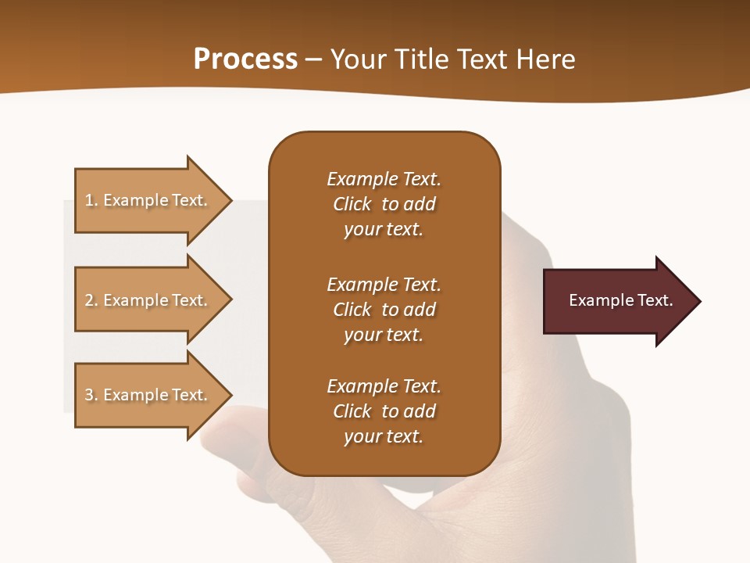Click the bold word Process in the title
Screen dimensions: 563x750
click(245, 59)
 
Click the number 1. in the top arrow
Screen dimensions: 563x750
click(91, 200)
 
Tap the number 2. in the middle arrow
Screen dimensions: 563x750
click(91, 300)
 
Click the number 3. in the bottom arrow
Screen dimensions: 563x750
click(91, 395)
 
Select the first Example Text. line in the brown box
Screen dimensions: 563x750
click(384, 179)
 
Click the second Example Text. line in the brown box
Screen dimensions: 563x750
click(384, 285)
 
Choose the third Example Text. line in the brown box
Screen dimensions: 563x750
click(384, 386)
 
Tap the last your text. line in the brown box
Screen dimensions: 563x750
click(384, 437)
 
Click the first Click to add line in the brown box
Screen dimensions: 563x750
click(384, 204)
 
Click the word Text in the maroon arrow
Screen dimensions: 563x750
click(654, 300)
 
